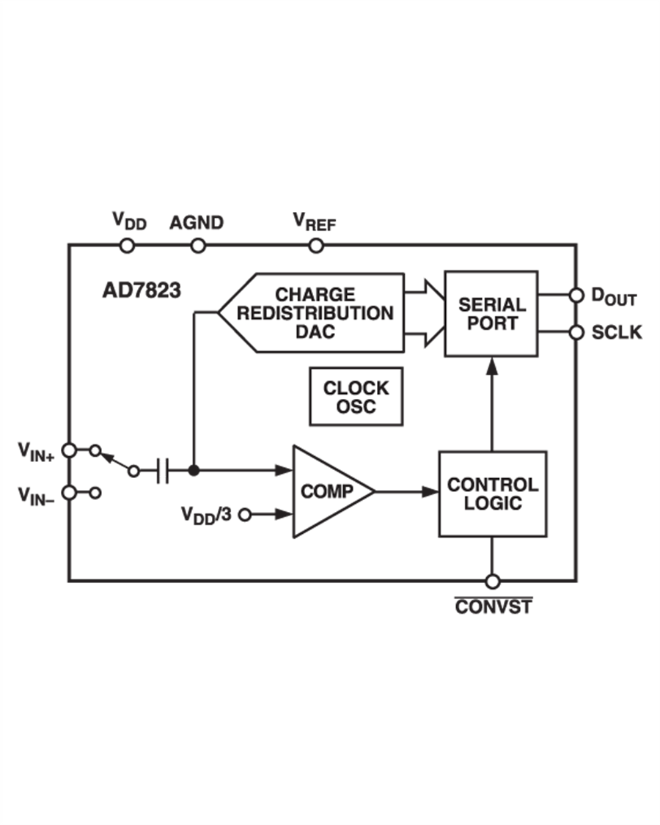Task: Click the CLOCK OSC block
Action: point(356,396)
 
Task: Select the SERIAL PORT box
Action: point(491,314)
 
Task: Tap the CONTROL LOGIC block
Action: point(492,494)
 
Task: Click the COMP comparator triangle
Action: point(326,491)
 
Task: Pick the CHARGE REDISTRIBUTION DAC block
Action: point(315,313)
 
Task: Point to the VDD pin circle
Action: point(127,246)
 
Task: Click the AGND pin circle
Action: point(197,246)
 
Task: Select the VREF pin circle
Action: point(315,246)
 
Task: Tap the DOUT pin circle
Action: point(576,296)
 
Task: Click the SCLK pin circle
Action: point(576,332)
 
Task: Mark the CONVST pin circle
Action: point(492,582)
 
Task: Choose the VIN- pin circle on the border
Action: point(68,493)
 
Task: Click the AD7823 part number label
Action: point(141,290)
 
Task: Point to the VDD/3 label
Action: point(207,514)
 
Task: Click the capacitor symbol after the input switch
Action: point(163,471)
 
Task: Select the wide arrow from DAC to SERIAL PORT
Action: point(424,313)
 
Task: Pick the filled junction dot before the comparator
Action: point(193,471)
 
